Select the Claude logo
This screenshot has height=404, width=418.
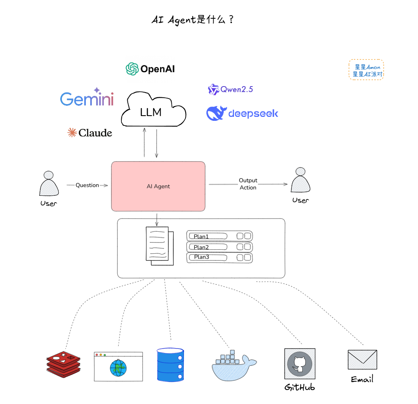click(x=90, y=133)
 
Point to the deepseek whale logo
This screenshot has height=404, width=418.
click(x=216, y=113)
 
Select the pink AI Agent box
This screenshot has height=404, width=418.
click(x=158, y=186)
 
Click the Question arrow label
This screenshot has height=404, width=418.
click(x=87, y=185)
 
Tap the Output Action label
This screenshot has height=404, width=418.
click(x=248, y=184)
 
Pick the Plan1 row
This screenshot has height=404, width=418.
click(x=220, y=236)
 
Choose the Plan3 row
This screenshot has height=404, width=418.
click(x=220, y=257)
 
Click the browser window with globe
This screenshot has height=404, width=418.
click(x=118, y=366)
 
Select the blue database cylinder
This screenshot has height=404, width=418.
click(x=170, y=364)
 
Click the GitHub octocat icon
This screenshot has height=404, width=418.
click(x=299, y=364)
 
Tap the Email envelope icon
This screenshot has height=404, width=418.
click(x=362, y=360)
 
